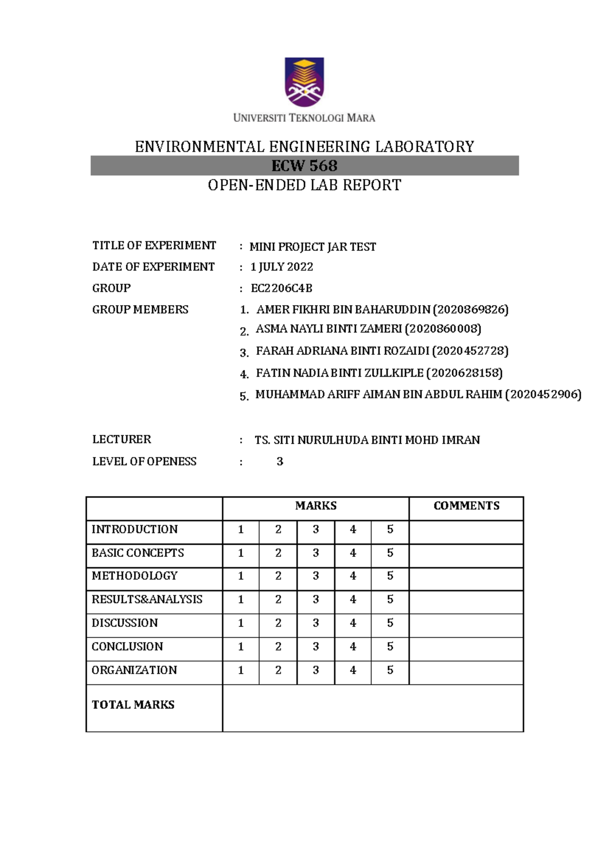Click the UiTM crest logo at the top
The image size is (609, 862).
click(x=304, y=82)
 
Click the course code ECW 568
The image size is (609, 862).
click(x=304, y=166)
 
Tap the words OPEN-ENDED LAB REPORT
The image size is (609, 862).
click(x=304, y=185)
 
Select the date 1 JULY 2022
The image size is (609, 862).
click(x=282, y=267)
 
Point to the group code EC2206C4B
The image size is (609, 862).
click(x=282, y=288)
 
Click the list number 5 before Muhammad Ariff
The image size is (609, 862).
click(x=244, y=396)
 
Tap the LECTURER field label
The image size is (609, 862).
click(x=122, y=440)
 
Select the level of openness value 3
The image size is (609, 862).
click(x=280, y=461)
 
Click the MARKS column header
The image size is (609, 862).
click(x=316, y=506)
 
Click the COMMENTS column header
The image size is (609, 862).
click(x=466, y=506)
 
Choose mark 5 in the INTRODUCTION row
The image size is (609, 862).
click(x=390, y=529)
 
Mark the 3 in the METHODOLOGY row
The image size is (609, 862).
click(x=316, y=576)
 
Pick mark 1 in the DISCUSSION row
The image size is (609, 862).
click(x=241, y=623)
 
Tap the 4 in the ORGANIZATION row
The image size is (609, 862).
click(x=353, y=670)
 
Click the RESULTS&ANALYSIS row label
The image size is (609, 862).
click(x=147, y=600)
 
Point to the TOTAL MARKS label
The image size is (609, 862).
click(x=133, y=705)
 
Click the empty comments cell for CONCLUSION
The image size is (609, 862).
click(x=466, y=647)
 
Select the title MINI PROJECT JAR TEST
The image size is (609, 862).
click(x=313, y=247)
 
